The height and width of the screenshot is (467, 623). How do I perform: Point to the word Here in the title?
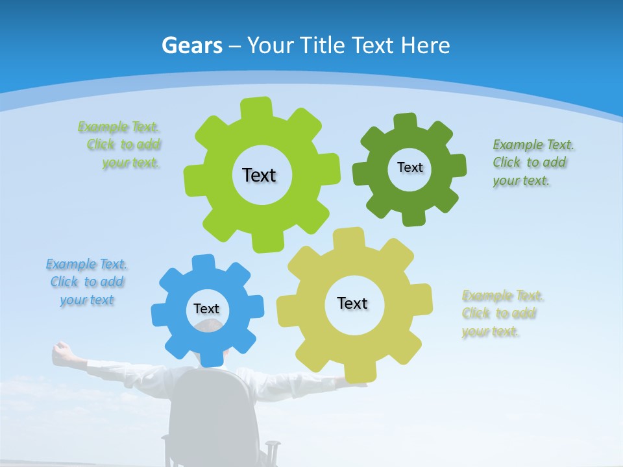pyautogui.click(x=426, y=45)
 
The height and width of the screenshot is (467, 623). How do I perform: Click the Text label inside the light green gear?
pyautogui.click(x=259, y=175)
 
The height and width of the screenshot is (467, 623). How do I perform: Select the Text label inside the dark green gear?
pyautogui.click(x=409, y=167)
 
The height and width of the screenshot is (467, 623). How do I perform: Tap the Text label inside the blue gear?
pyautogui.click(x=206, y=309)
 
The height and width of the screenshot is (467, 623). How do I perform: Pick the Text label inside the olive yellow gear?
pyautogui.click(x=352, y=303)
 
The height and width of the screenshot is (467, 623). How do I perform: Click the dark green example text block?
pyautogui.click(x=531, y=162)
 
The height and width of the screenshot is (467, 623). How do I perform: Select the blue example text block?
pyautogui.click(x=86, y=282)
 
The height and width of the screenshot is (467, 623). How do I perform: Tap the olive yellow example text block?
pyautogui.click(x=501, y=313)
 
